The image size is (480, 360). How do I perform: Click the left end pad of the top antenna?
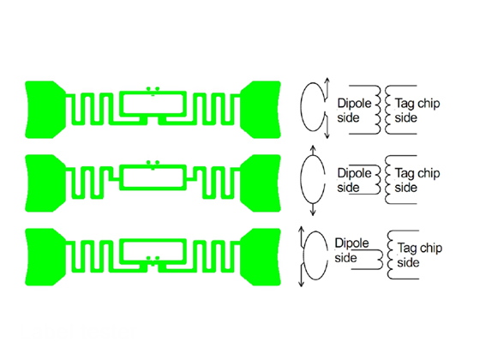(45, 110)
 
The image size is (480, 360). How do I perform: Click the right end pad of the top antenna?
(261, 110)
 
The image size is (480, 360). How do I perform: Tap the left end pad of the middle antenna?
(45, 183)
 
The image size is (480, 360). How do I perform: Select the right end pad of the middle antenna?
(261, 183)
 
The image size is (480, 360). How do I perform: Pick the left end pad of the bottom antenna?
(45, 257)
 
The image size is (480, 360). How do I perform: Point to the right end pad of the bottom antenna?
(261, 257)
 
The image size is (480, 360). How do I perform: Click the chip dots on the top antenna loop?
(153, 90)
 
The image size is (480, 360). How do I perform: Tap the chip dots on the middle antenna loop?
(153, 164)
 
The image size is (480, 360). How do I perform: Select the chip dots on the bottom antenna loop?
(153, 259)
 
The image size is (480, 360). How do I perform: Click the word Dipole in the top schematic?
(354, 104)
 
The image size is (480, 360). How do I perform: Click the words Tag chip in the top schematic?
(417, 104)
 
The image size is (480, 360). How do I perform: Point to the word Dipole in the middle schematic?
(354, 173)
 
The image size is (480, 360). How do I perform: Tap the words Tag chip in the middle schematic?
(417, 173)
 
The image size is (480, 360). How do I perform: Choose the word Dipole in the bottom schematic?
(351, 243)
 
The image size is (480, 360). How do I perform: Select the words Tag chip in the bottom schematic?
(420, 248)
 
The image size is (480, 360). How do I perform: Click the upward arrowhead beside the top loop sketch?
(327, 81)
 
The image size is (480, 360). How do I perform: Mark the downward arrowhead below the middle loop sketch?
(313, 213)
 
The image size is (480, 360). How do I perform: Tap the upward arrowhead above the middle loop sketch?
(313, 149)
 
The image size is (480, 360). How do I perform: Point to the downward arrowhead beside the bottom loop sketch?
(301, 283)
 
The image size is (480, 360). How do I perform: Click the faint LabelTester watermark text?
(77, 331)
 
